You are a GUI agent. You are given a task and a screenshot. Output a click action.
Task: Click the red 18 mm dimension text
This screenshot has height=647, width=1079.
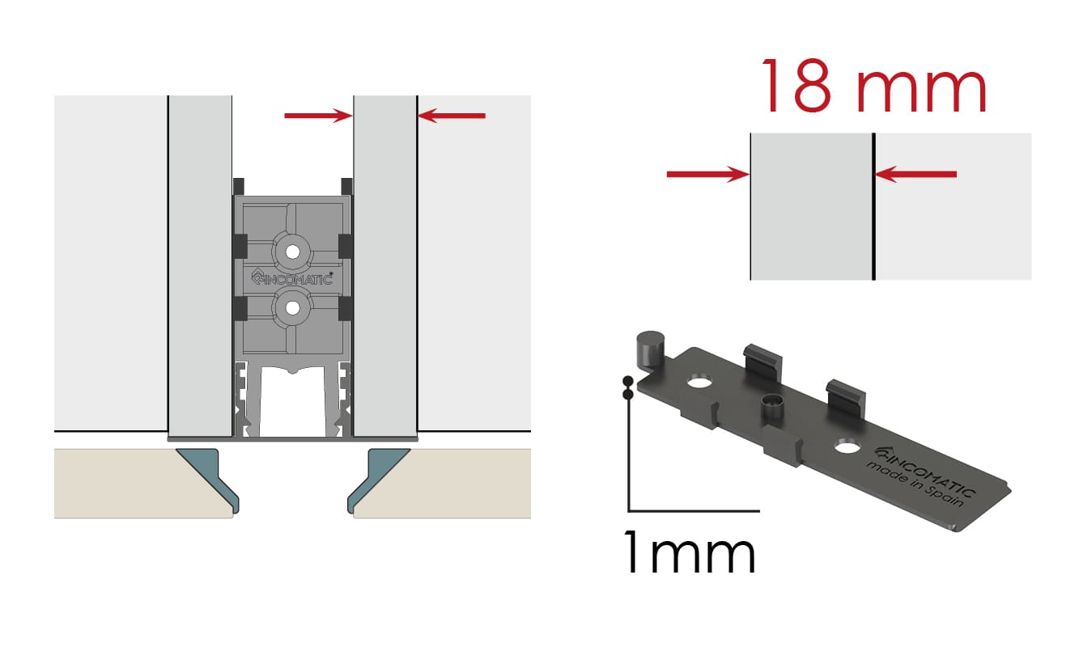pyautogui.click(x=874, y=87)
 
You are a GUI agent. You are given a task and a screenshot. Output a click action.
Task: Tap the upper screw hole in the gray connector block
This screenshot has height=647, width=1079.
pyautogui.click(x=292, y=252)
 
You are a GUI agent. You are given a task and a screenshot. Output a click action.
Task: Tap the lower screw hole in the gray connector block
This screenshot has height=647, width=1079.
pyautogui.click(x=292, y=308)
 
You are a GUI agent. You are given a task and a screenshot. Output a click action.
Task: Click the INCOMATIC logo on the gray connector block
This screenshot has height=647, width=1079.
pyautogui.click(x=292, y=277)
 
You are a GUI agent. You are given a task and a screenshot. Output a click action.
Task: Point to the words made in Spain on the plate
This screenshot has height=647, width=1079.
pyautogui.click(x=915, y=484)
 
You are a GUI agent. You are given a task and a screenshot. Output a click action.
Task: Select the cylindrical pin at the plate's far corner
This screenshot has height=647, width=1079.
pyautogui.click(x=650, y=350)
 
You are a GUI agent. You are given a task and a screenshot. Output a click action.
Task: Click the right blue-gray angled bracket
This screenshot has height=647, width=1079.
pyautogui.click(x=378, y=476)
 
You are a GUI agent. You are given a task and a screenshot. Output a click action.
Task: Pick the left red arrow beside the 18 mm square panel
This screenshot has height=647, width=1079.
pyautogui.click(x=708, y=174)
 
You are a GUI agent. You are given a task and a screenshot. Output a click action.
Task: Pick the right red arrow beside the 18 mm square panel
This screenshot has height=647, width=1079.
pyautogui.click(x=915, y=174)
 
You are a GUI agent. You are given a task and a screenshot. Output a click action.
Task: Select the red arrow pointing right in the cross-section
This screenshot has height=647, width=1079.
pyautogui.click(x=318, y=116)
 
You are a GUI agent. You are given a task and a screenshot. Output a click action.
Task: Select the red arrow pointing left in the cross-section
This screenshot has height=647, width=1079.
pyautogui.click(x=452, y=116)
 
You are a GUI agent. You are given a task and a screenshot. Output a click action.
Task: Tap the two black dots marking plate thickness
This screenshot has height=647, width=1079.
pyautogui.click(x=627, y=388)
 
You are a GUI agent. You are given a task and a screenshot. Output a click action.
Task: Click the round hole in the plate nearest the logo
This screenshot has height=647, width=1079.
pyautogui.click(x=847, y=446)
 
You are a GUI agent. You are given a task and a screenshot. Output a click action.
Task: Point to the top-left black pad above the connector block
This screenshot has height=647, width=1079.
pyautogui.click(x=239, y=186)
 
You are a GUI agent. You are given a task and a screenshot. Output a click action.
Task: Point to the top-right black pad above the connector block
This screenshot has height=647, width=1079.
pyautogui.click(x=346, y=186)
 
